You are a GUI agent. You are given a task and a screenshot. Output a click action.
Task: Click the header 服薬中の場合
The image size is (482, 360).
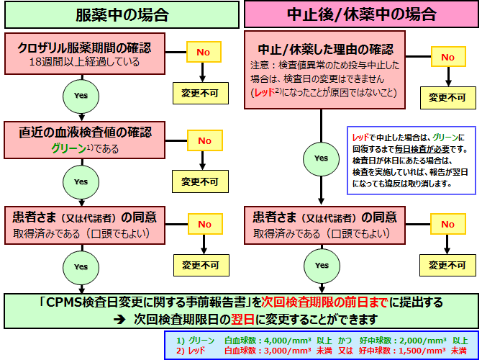(120, 14)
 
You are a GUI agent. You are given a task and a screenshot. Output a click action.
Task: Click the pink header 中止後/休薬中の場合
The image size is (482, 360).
(361, 14)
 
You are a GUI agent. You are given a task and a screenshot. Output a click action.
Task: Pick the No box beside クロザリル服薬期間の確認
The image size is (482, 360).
(204, 53)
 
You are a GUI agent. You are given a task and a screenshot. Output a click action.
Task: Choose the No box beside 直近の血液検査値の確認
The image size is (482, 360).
(205, 140)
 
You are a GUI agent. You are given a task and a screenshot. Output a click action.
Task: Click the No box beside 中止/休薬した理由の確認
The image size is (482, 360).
(448, 57)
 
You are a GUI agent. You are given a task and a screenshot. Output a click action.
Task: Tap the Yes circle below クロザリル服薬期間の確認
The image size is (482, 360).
(80, 95)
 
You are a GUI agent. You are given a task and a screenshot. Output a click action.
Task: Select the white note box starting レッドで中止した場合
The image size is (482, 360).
(411, 159)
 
